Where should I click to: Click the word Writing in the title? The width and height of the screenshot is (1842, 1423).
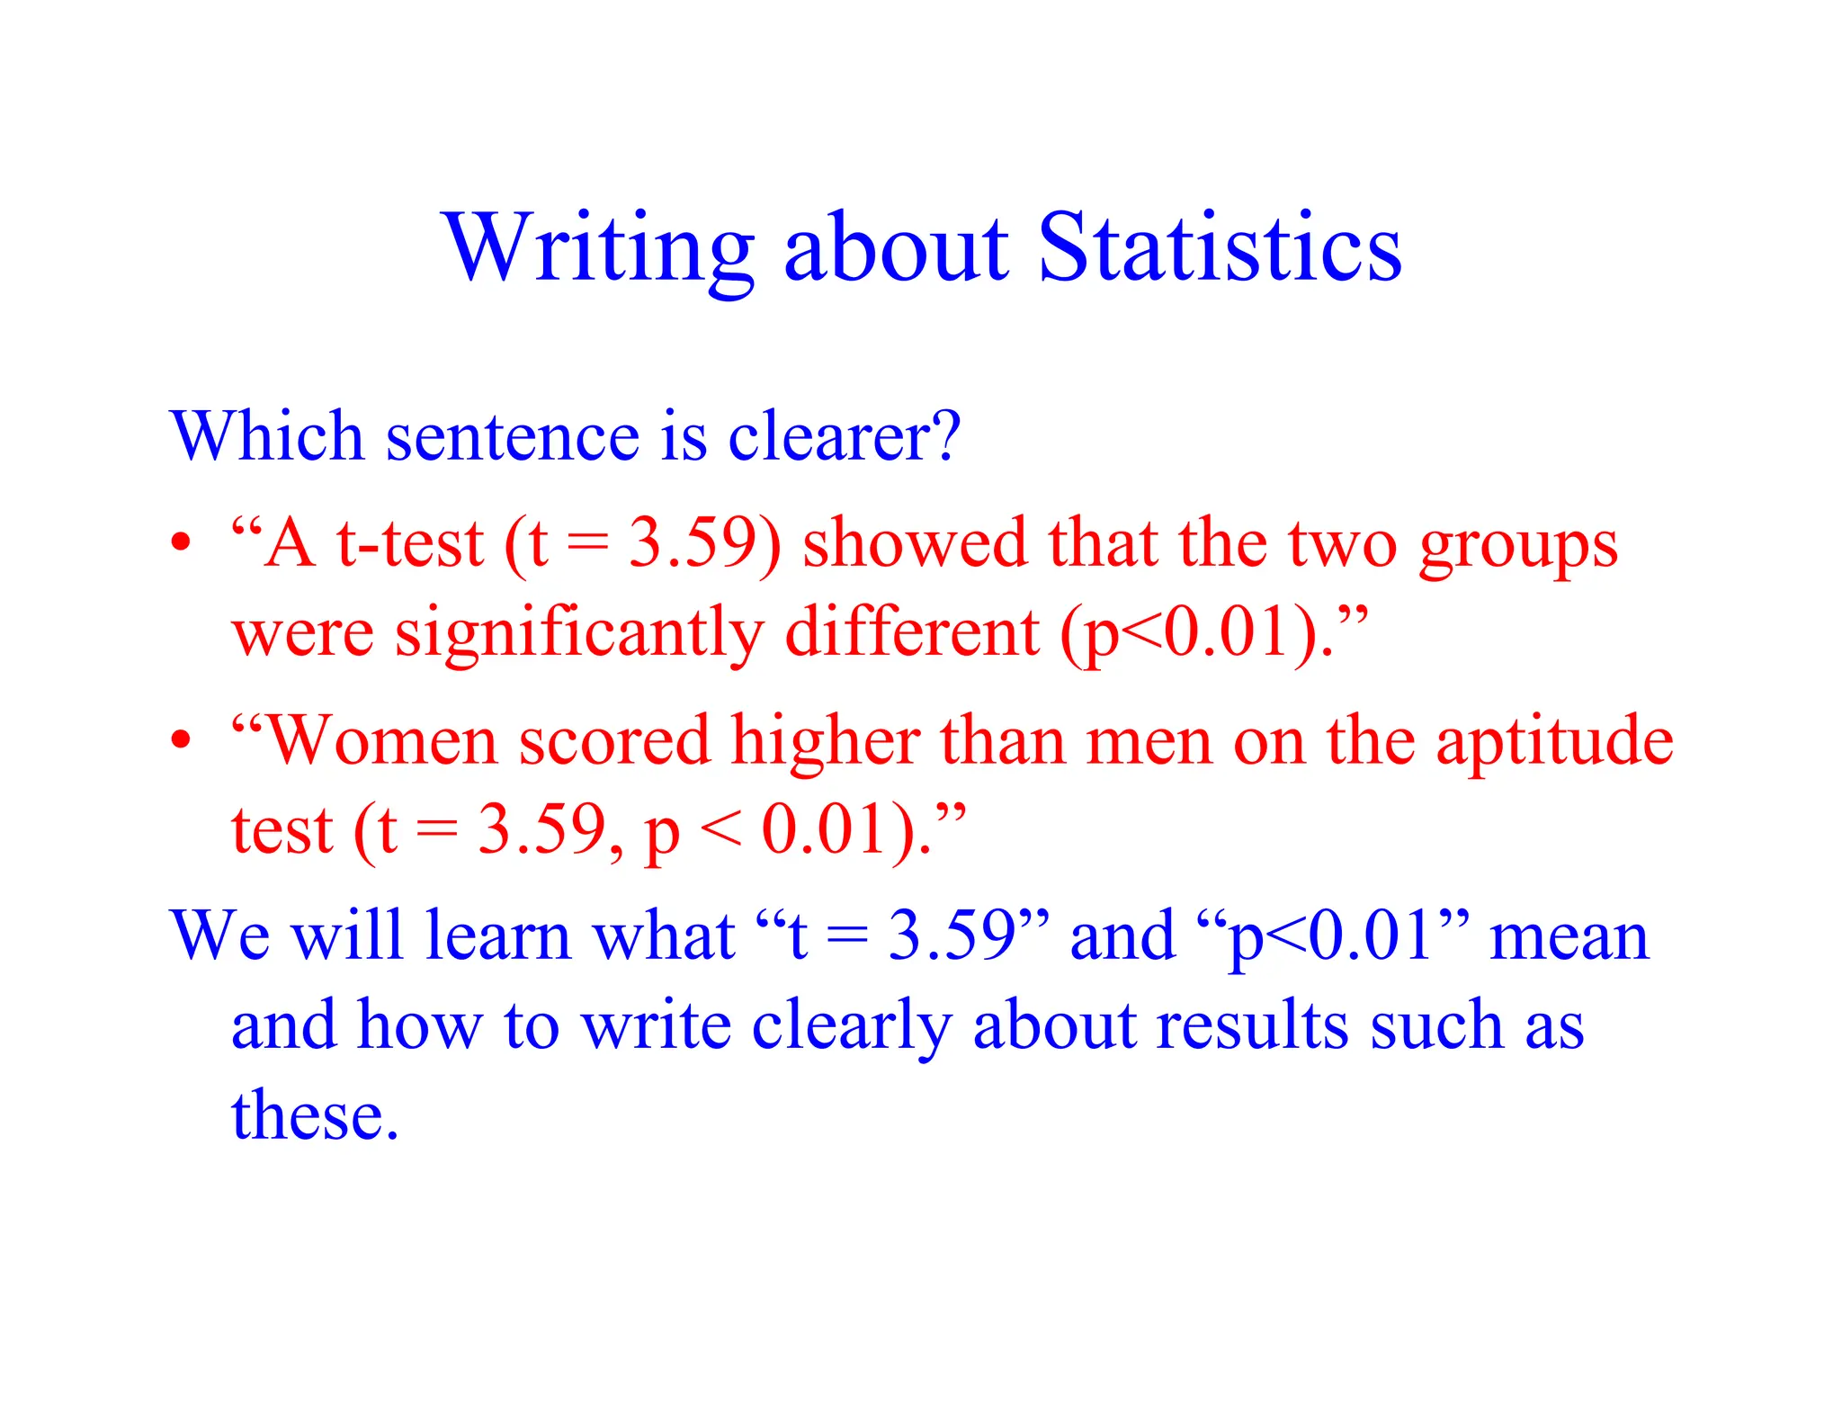pyautogui.click(x=597, y=247)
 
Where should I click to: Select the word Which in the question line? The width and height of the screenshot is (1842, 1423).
pyautogui.click(x=266, y=436)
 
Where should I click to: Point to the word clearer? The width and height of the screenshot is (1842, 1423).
pyautogui.click(x=844, y=436)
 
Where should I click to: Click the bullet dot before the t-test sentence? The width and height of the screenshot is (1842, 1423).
pyautogui.click(x=182, y=542)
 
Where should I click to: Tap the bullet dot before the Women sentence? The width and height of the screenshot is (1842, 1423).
pyautogui.click(x=182, y=739)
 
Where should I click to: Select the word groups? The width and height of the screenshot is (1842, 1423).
pyautogui.click(x=1518, y=545)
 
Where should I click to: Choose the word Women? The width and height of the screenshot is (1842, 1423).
pyautogui.click(x=382, y=740)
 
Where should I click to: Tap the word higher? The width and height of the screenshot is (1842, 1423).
pyautogui.click(x=825, y=740)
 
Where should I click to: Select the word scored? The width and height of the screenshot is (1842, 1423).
pyautogui.click(x=614, y=740)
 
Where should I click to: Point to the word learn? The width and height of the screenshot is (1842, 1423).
pyautogui.click(x=498, y=935)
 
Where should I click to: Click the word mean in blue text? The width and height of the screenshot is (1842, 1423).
pyautogui.click(x=1569, y=936)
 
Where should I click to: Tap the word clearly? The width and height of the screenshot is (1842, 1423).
pyautogui.click(x=851, y=1026)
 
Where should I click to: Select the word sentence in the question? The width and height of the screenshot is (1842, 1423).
pyautogui.click(x=513, y=436)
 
